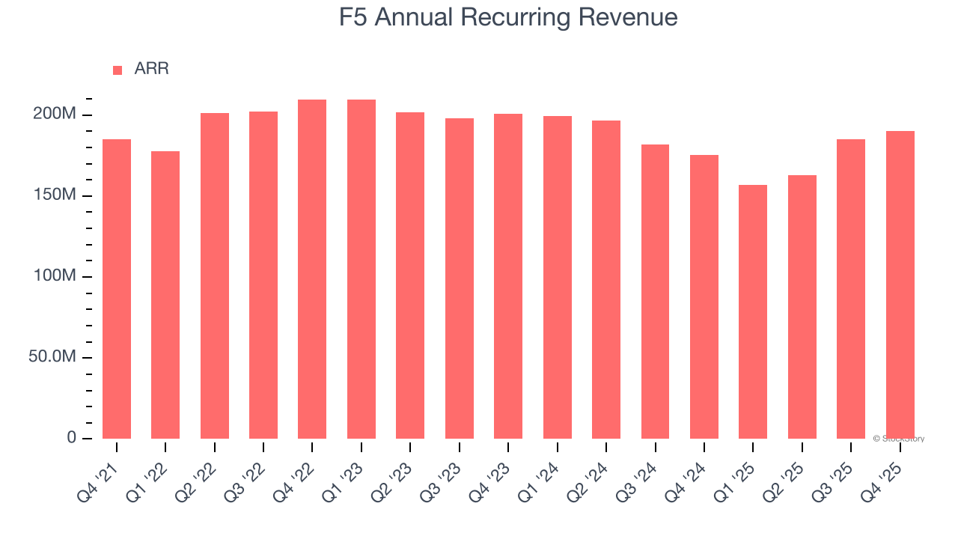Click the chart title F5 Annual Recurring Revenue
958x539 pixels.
coord(508,17)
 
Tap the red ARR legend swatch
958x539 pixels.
coord(118,70)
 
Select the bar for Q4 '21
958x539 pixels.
coord(117,288)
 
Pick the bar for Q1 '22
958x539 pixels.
coord(165,294)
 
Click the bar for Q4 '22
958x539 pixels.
coord(312,269)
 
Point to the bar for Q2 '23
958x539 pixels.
coord(410,275)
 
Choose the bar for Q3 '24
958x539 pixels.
coord(655,291)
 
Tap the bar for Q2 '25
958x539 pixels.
coord(802,307)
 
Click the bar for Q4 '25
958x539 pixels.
coord(900,284)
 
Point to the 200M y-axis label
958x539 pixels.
coord(54,115)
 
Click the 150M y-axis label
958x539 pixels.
coord(54,195)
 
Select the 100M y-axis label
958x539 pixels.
coord(54,276)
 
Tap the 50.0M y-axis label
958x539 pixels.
coord(52,357)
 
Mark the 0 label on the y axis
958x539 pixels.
coord(72,437)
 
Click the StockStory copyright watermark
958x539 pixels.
coord(898,439)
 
